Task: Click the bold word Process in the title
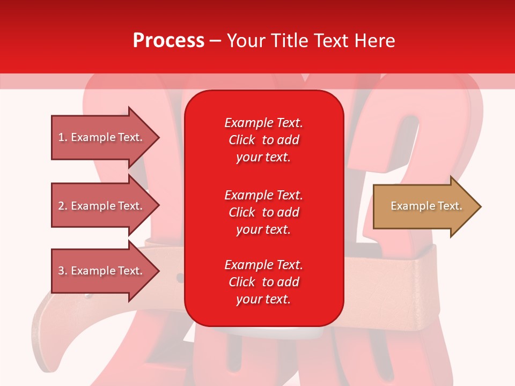pyautogui.click(x=168, y=41)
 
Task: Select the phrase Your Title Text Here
pyautogui.click(x=311, y=41)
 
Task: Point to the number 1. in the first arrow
pyautogui.click(x=63, y=137)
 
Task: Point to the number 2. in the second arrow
pyautogui.click(x=63, y=206)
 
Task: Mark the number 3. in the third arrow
pyautogui.click(x=63, y=271)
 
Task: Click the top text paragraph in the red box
pyautogui.click(x=263, y=140)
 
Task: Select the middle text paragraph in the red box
pyautogui.click(x=263, y=212)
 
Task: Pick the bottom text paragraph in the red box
pyautogui.click(x=263, y=282)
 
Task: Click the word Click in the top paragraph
pyautogui.click(x=241, y=140)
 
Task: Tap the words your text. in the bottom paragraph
pyautogui.click(x=263, y=299)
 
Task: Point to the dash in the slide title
pyautogui.click(x=215, y=41)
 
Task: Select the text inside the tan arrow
pyautogui.click(x=426, y=206)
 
